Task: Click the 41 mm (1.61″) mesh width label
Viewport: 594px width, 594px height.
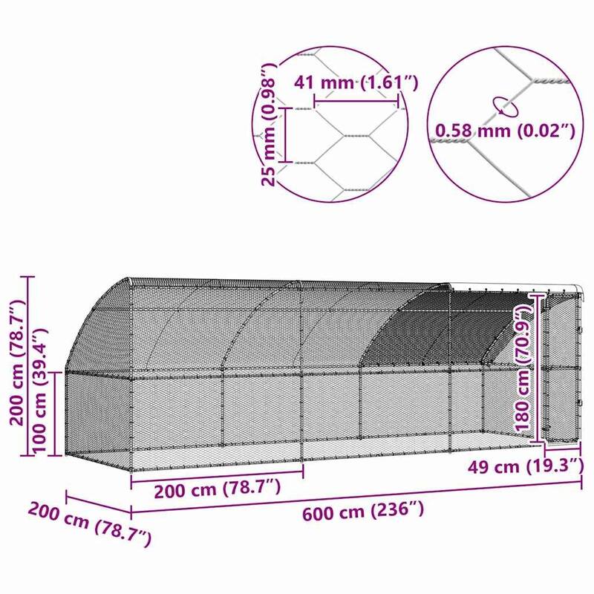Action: click(x=356, y=82)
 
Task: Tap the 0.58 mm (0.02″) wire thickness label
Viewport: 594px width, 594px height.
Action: click(x=505, y=131)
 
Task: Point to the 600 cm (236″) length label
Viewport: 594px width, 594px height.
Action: click(x=363, y=512)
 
